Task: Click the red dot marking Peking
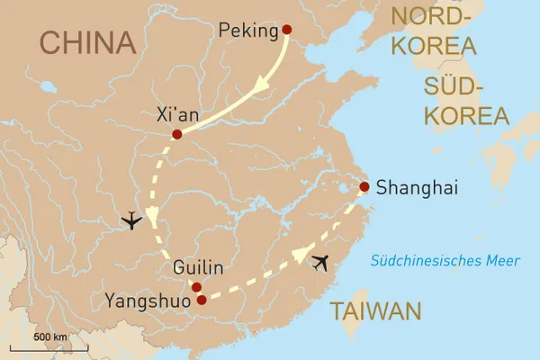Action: (x=287, y=30)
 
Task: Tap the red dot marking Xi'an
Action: (x=176, y=134)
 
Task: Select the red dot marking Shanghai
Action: (x=364, y=188)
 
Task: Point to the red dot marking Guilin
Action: (x=196, y=287)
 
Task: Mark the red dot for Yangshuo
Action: (x=202, y=300)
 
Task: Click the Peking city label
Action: (x=248, y=32)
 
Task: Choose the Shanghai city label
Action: (x=417, y=189)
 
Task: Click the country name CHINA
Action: (x=89, y=42)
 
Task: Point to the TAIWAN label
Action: (x=374, y=311)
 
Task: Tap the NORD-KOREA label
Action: (x=441, y=30)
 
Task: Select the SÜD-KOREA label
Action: (x=466, y=101)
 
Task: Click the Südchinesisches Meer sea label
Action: (x=446, y=261)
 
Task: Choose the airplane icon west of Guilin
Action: (x=131, y=220)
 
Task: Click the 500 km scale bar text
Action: (x=49, y=337)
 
